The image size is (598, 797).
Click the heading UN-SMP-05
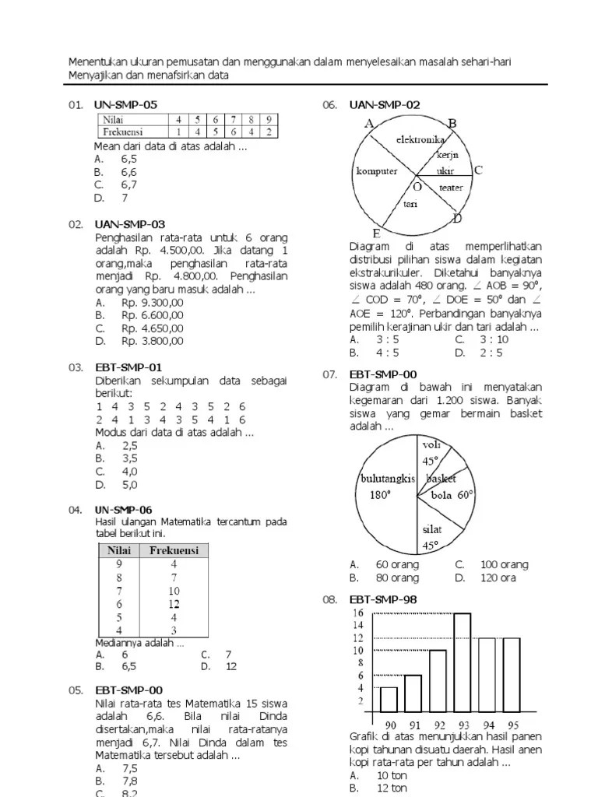(125, 104)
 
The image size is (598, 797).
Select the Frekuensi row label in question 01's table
(125, 132)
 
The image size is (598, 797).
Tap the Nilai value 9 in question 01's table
(268, 120)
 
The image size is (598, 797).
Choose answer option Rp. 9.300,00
(152, 302)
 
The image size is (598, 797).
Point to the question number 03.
(76, 367)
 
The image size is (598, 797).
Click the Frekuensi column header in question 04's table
(174, 550)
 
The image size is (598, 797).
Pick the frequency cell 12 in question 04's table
(174, 603)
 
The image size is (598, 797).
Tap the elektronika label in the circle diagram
(420, 140)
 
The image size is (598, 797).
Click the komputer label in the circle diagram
(377, 171)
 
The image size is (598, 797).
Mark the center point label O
(417, 187)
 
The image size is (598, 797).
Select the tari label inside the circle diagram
(410, 204)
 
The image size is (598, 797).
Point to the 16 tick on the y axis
(358, 613)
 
